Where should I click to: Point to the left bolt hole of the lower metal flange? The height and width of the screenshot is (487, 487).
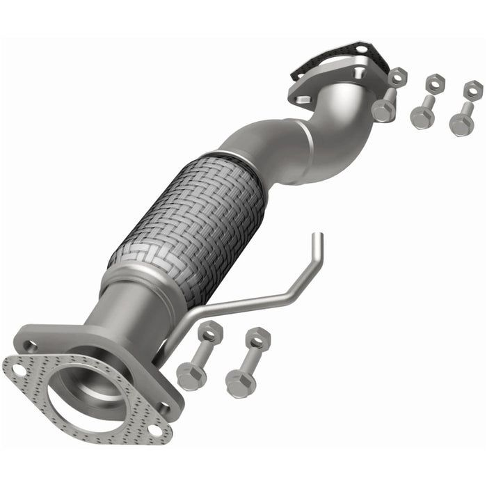(x=31, y=344)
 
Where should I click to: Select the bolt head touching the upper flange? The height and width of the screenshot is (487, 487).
(x=382, y=110)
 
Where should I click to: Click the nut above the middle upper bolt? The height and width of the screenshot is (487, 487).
(x=435, y=81)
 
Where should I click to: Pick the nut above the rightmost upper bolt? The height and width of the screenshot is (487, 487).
(x=473, y=89)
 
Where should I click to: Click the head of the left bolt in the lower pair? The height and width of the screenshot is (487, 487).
(x=189, y=375)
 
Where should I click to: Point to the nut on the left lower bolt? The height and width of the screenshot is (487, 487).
(x=209, y=332)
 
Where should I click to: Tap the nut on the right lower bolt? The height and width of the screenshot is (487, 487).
(x=257, y=338)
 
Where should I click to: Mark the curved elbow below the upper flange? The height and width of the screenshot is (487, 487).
(x=341, y=139)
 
